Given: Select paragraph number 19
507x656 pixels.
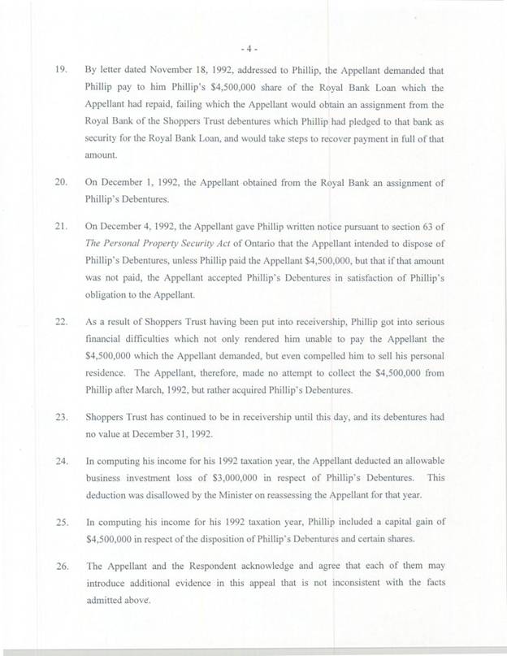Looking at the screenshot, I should point(60,71).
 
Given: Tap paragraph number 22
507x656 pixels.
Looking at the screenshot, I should point(60,300).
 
